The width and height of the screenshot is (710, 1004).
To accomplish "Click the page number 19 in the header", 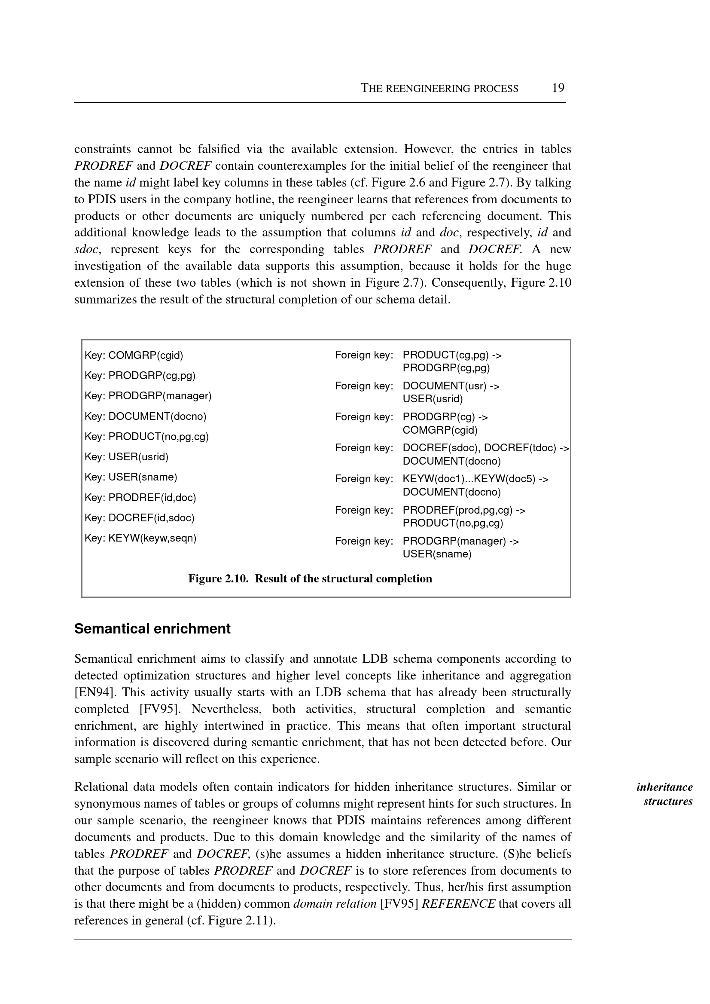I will (x=558, y=88).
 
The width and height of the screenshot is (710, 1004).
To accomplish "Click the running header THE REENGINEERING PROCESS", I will (x=439, y=89).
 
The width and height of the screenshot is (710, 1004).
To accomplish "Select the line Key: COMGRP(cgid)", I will (x=134, y=355).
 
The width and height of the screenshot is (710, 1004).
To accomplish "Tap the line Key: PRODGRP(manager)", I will (x=148, y=396).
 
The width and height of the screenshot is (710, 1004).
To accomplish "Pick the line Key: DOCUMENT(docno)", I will (x=145, y=416).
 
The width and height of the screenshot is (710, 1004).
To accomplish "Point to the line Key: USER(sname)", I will (x=131, y=477).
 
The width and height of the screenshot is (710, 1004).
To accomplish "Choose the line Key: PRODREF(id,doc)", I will (x=140, y=497).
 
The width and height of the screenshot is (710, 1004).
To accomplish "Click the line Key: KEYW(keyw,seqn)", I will (x=140, y=538).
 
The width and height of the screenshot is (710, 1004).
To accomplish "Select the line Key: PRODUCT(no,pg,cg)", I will (x=146, y=437).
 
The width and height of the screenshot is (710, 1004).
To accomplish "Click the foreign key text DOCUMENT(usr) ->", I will (x=451, y=386).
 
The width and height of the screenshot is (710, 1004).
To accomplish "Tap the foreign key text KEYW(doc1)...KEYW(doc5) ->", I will (x=475, y=479).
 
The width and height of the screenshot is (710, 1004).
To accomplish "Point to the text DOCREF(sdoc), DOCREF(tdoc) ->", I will (x=486, y=448).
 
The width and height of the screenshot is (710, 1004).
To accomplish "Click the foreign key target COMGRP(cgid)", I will (x=440, y=430).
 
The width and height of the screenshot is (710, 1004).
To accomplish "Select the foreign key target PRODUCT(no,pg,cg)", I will (x=452, y=523).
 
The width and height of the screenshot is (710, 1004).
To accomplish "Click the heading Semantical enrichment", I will (x=152, y=629).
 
